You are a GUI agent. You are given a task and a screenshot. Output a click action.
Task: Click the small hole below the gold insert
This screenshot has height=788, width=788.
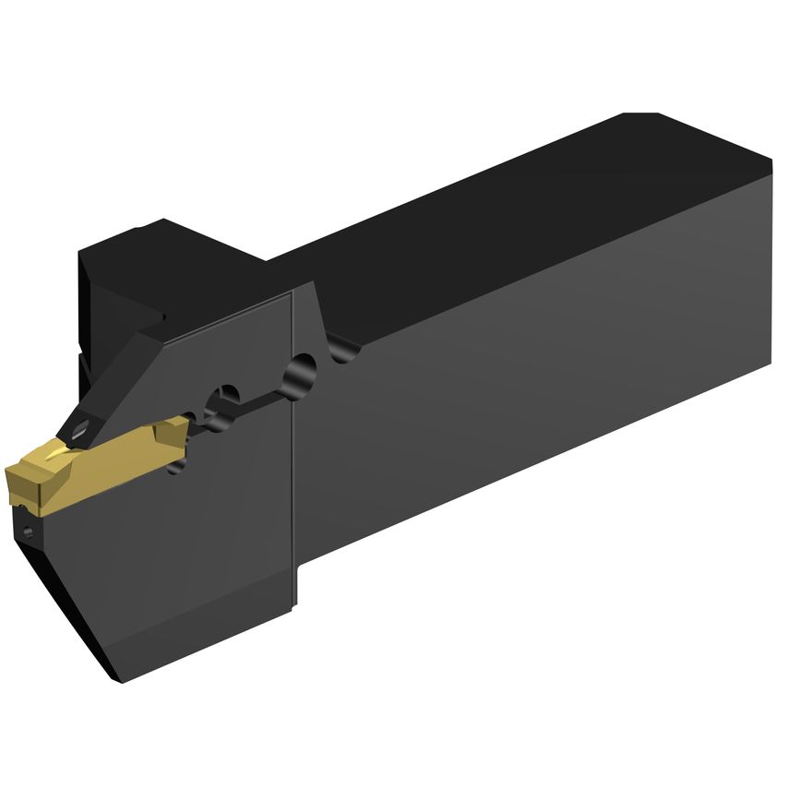click(x=29, y=530)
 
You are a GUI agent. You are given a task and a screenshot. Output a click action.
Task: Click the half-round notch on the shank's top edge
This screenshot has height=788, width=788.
click(x=343, y=349)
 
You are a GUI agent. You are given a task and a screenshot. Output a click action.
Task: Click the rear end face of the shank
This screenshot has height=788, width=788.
click(x=770, y=258)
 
